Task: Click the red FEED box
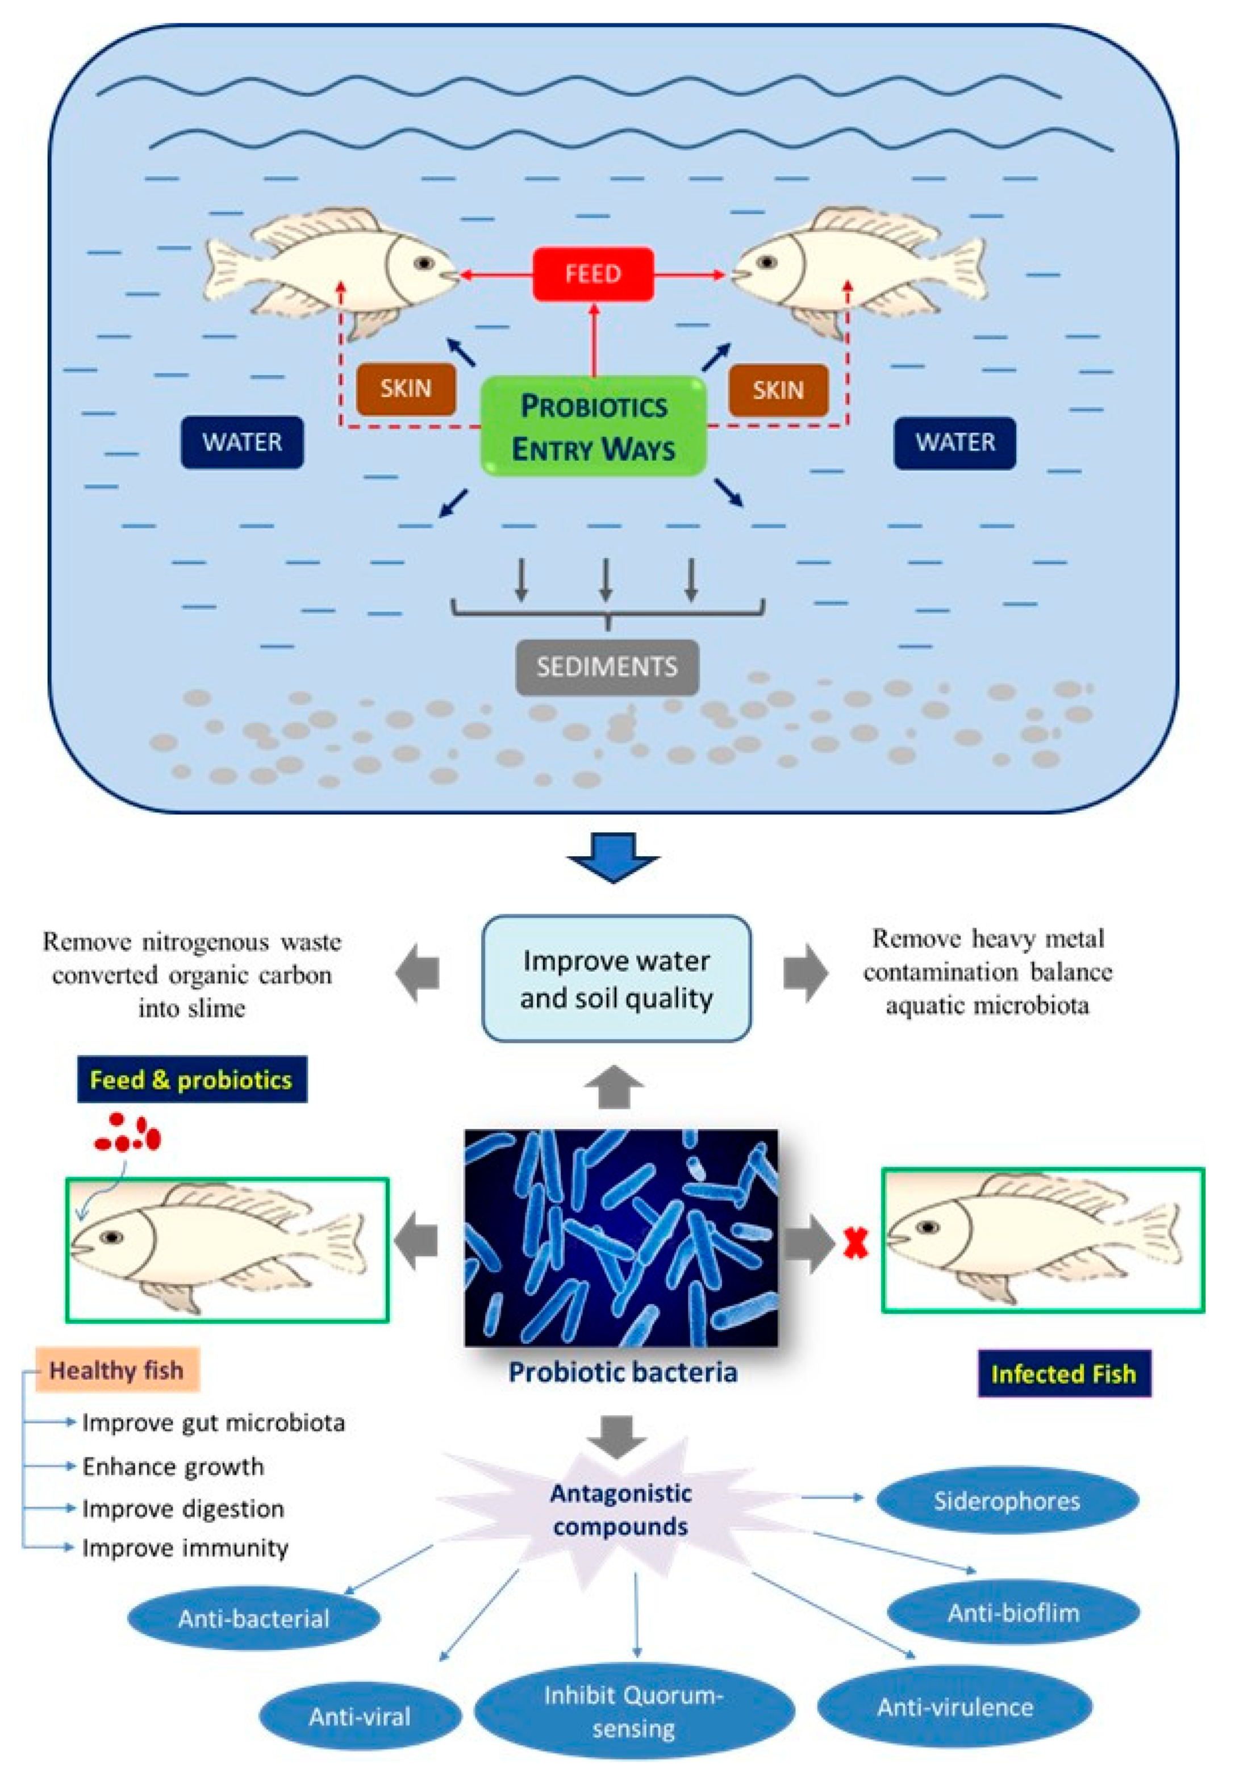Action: click(x=593, y=274)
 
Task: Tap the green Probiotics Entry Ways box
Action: click(x=594, y=426)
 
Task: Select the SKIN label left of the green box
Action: click(x=406, y=389)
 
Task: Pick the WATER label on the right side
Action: click(x=955, y=443)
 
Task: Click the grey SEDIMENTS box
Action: click(x=607, y=667)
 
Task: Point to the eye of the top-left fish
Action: click(x=423, y=263)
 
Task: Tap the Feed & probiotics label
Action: click(x=192, y=1079)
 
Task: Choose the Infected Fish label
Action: click(x=1064, y=1373)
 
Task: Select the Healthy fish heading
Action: click(x=117, y=1370)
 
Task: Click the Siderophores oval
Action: click(x=1007, y=1501)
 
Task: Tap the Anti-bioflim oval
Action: click(x=1013, y=1613)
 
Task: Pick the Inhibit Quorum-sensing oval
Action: click(x=634, y=1711)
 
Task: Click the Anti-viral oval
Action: click(x=360, y=1717)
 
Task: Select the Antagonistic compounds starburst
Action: click(x=620, y=1509)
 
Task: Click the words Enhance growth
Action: click(x=173, y=1466)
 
